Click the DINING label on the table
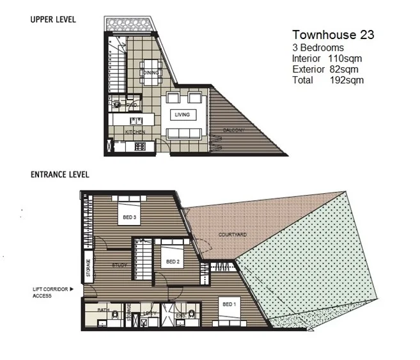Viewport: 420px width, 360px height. [x=151, y=73]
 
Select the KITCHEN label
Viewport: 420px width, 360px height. [x=135, y=132]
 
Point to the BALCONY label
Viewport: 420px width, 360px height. [x=233, y=130]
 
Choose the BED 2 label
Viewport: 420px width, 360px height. [x=172, y=262]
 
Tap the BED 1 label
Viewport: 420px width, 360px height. [x=229, y=304]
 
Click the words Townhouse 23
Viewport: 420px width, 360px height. [x=332, y=35]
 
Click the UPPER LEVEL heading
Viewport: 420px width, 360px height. [x=53, y=20]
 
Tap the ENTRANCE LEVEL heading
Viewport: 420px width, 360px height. [x=59, y=174]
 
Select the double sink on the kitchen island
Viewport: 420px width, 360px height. [x=136, y=120]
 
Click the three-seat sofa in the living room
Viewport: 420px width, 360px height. [x=184, y=133]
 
